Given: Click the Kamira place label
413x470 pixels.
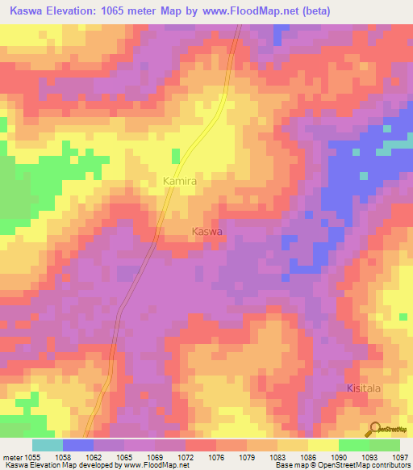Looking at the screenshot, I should [x=180, y=183].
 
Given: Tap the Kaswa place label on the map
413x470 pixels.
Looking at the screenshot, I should [x=206, y=232].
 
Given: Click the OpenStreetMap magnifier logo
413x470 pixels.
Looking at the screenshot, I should [x=374, y=430].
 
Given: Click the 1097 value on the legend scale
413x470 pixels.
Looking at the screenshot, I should [x=400, y=457].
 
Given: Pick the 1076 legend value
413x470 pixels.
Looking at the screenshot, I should [x=216, y=457].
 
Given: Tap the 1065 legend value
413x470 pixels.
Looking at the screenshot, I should [x=124, y=457].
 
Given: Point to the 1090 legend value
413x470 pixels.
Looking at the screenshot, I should [x=339, y=457].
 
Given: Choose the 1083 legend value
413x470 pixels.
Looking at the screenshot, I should [x=277, y=457].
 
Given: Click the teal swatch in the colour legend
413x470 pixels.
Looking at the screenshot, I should [x=48, y=445].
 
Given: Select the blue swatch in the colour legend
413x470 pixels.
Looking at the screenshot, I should [x=78, y=445].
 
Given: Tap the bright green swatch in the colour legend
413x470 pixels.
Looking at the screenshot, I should [x=354, y=445].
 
